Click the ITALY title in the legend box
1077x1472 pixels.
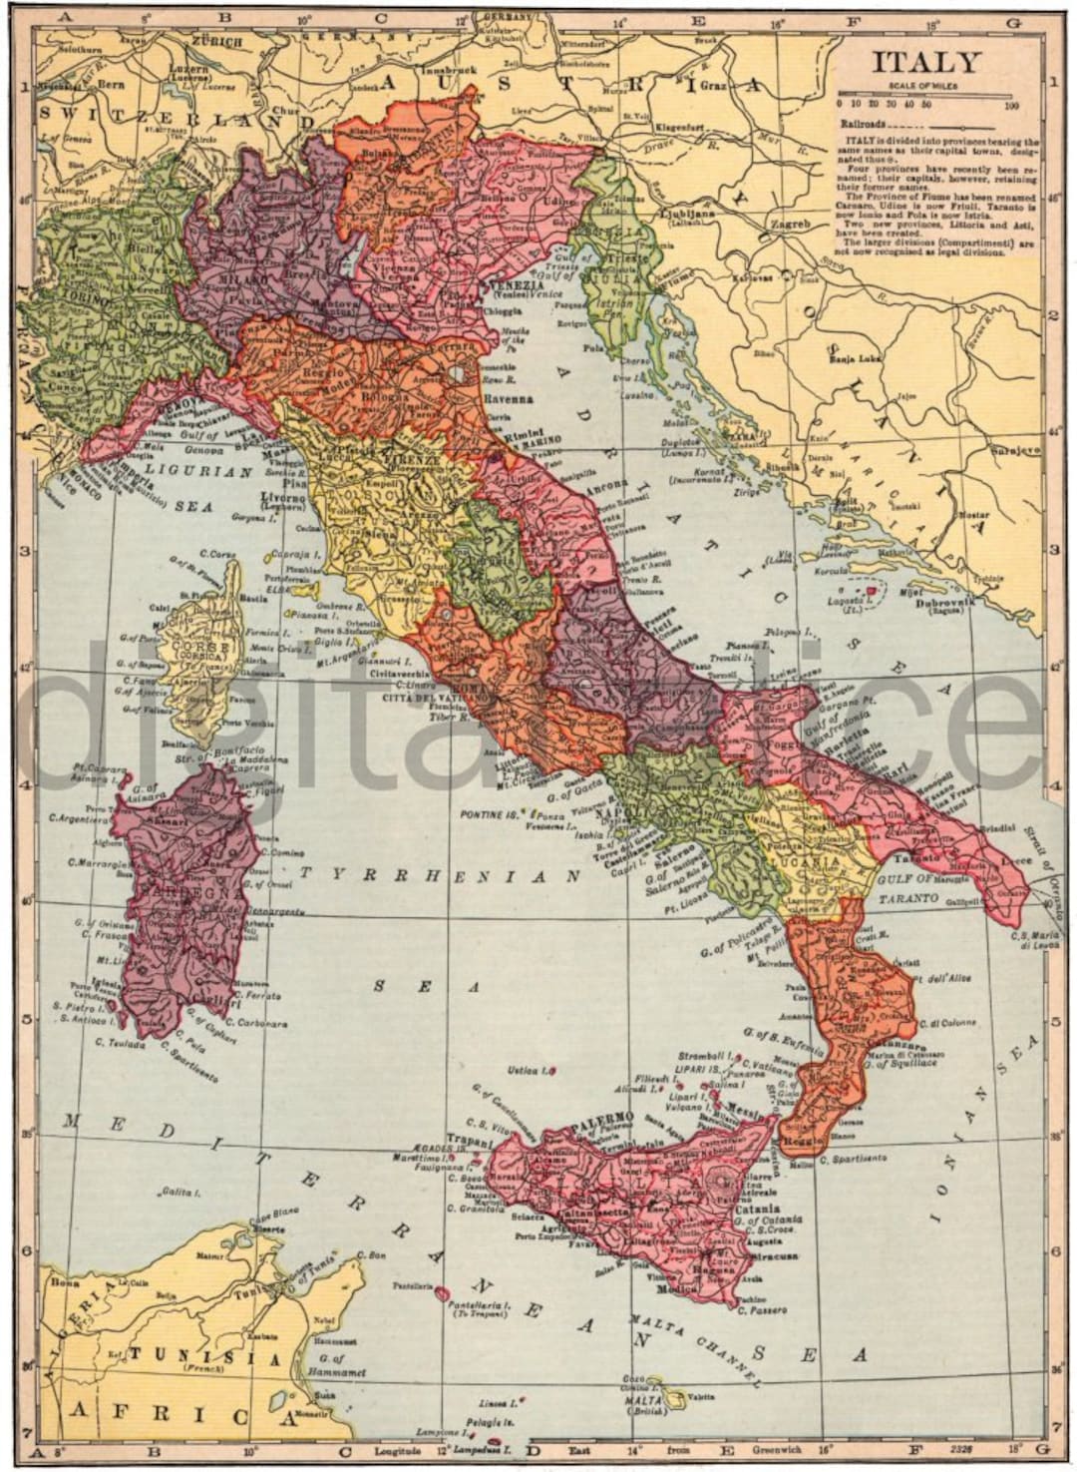926,62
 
